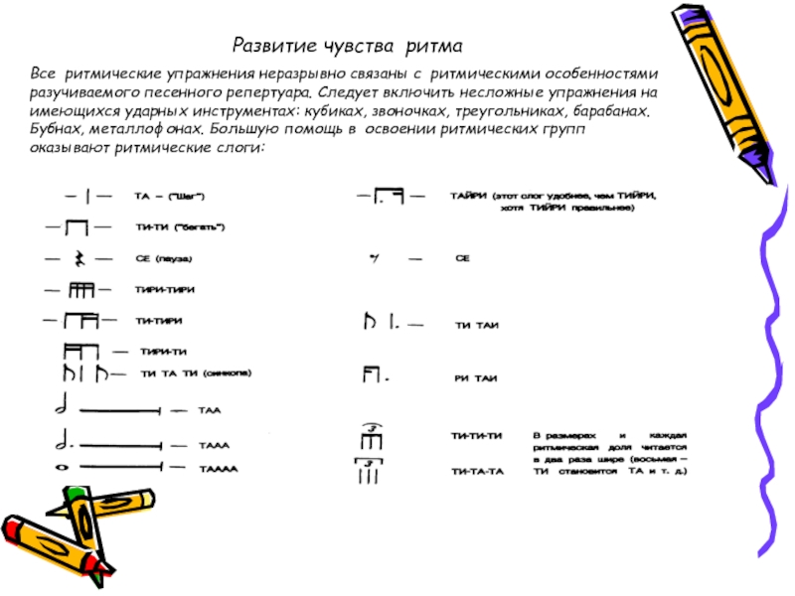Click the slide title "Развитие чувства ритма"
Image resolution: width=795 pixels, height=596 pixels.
349,46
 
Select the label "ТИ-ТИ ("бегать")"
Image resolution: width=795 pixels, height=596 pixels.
180,227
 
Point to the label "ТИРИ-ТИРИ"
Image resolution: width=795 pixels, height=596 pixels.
164,289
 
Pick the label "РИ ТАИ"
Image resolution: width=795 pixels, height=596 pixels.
476,378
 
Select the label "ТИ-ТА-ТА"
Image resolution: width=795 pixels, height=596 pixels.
478,471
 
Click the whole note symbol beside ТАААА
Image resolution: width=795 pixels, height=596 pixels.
62,467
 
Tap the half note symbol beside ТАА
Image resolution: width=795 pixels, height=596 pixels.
63,407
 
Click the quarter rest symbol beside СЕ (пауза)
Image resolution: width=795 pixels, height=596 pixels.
77,259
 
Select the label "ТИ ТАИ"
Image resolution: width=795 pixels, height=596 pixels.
477,324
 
